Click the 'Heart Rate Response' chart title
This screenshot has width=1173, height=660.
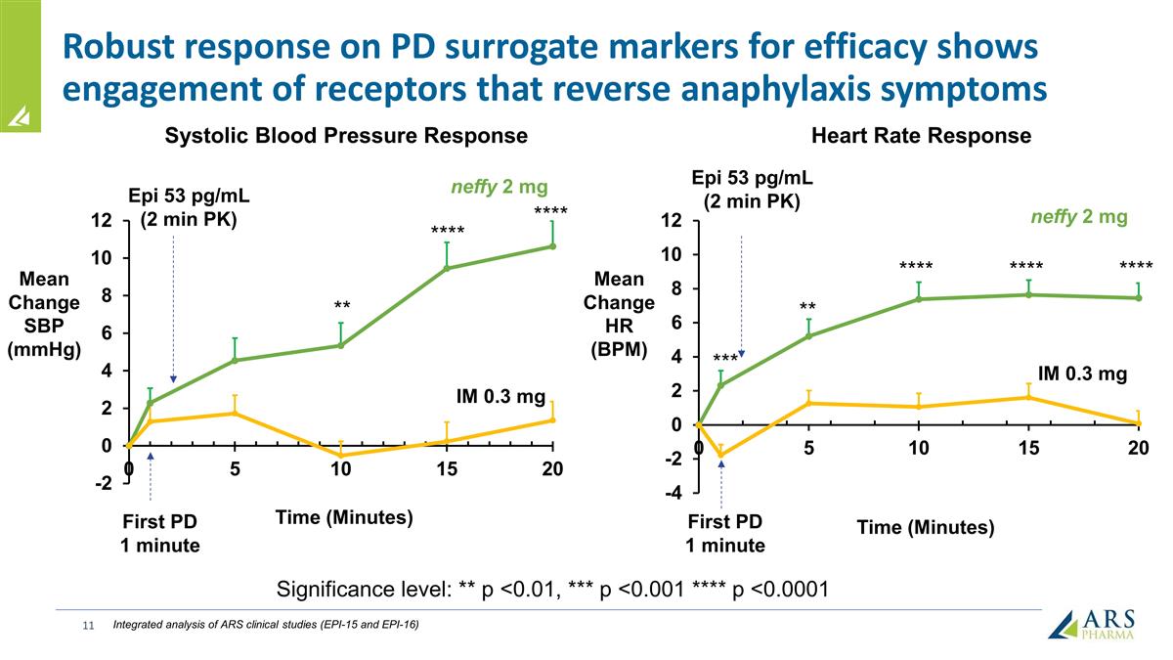[921, 136]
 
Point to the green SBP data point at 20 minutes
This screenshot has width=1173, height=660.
[552, 246]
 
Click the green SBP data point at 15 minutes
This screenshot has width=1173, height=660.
[447, 268]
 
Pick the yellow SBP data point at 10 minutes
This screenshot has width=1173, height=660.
[340, 456]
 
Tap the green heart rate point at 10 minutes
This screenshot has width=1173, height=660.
[919, 299]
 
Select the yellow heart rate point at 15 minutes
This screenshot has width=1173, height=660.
[1028, 398]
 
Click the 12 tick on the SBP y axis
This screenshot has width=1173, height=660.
[102, 221]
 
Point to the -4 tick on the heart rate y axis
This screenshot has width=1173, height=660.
[674, 493]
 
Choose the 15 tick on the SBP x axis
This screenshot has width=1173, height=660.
[447, 469]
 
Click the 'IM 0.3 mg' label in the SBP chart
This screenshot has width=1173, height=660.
[501, 397]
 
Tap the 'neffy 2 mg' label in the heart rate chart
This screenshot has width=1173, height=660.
[1078, 217]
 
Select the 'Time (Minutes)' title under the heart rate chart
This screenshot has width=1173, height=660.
[925, 528]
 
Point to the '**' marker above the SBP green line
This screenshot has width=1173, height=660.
[341, 305]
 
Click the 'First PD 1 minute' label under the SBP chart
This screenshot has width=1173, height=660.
[159, 533]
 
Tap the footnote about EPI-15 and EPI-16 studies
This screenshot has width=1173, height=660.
[266, 624]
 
